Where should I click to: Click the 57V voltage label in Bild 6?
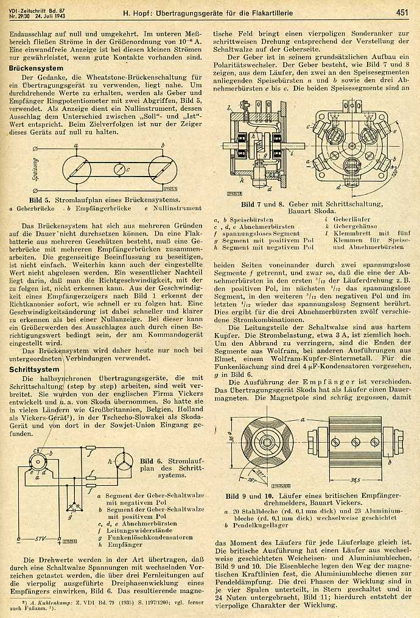pos(41,539)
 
